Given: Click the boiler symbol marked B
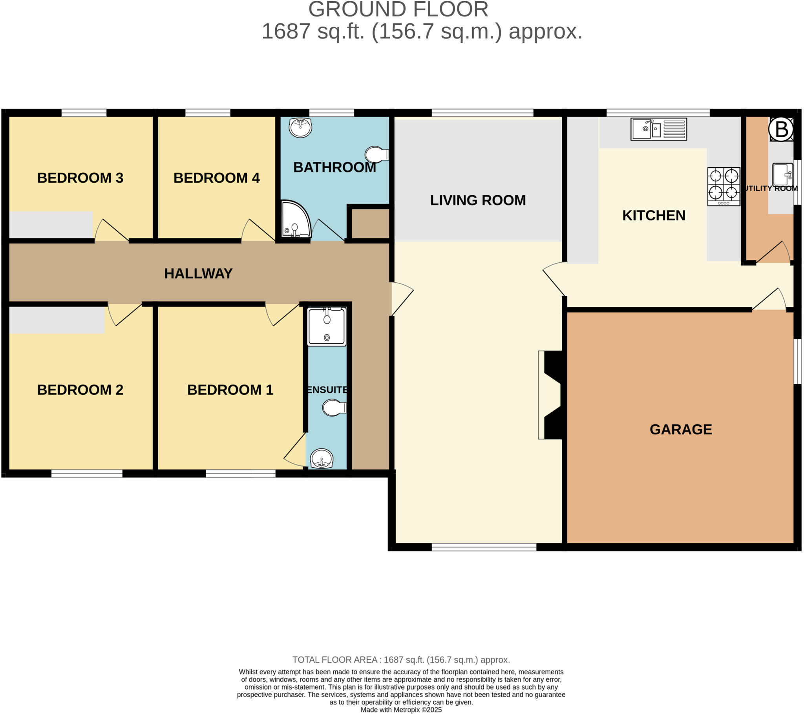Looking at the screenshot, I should coord(781,129).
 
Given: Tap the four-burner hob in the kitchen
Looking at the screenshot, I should coord(724,187).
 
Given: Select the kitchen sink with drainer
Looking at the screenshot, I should coord(658,129).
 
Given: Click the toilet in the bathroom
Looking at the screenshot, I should coord(376,155).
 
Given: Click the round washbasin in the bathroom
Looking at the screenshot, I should coord(300,128).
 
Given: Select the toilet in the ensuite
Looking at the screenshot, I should coord(334,408).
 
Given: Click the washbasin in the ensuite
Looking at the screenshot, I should coord(322,459).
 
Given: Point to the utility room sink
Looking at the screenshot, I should coord(782,175).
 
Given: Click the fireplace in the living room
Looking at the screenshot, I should coord(550,395).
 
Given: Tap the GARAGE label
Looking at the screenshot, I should coord(680,429).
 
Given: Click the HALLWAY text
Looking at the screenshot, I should coord(198,274).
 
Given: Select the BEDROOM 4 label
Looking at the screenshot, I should coord(216,178).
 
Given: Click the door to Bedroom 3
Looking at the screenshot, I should coord(111,231).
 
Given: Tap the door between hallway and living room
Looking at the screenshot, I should coord(401,299).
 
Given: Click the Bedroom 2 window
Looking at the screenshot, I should coord(87,474).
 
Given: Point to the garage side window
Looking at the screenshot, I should coord(797,361).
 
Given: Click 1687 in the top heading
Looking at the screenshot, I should coord(285,31).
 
